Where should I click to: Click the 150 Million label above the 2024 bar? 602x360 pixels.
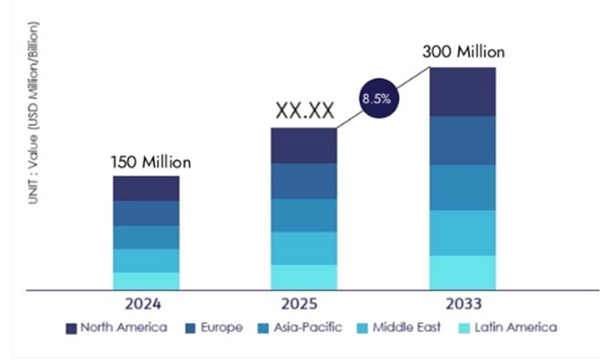point(149,162)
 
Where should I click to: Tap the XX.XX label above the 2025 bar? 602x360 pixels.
point(304,110)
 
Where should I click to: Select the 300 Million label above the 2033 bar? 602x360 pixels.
point(463,52)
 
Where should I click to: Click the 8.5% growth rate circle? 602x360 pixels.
point(376,98)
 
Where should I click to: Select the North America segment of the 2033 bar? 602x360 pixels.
point(463,92)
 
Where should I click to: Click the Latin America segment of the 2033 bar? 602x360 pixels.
point(463,272)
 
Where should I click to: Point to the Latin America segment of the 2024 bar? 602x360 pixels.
point(146,281)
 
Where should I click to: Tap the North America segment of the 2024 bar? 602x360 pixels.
point(146,188)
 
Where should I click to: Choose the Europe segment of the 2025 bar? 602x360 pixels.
point(304,181)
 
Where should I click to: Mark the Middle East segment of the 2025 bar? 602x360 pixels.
point(304,248)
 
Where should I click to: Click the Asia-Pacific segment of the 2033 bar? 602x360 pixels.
point(463,187)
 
